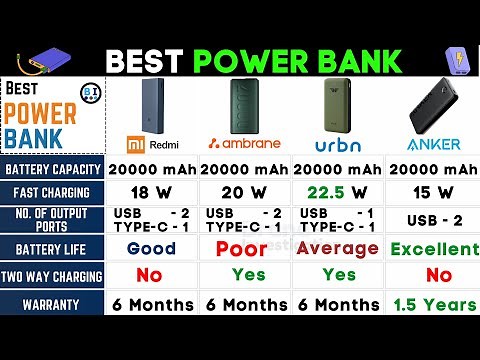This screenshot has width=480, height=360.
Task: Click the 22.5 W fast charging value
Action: (x=339, y=192)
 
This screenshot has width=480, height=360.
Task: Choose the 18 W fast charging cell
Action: (x=151, y=192)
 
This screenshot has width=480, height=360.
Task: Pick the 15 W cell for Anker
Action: (x=434, y=192)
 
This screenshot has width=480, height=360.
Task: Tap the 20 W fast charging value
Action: (x=245, y=192)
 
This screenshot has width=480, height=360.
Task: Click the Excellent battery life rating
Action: (x=434, y=249)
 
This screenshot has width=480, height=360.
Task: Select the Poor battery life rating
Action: (x=245, y=249)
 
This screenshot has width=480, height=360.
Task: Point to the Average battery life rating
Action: (x=339, y=248)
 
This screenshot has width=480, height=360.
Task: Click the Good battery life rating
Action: (x=151, y=249)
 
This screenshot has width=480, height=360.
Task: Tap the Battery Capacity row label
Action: (x=51, y=168)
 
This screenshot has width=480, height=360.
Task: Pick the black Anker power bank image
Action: (x=434, y=105)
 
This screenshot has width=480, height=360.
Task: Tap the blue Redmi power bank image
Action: (x=150, y=101)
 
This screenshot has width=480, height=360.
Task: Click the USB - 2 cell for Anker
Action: (x=434, y=220)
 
